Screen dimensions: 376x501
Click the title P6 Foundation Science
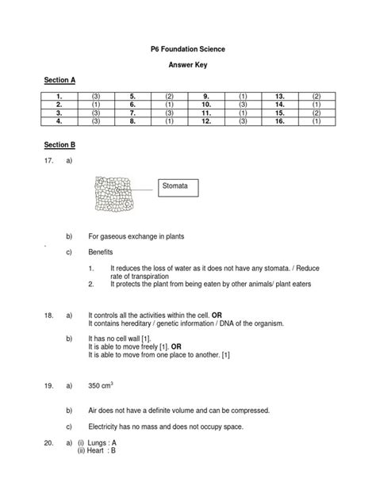(187, 49)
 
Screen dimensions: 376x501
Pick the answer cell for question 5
(169, 95)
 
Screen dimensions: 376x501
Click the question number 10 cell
(205, 104)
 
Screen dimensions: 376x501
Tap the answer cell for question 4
(96, 122)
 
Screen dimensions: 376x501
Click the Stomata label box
(178, 188)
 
